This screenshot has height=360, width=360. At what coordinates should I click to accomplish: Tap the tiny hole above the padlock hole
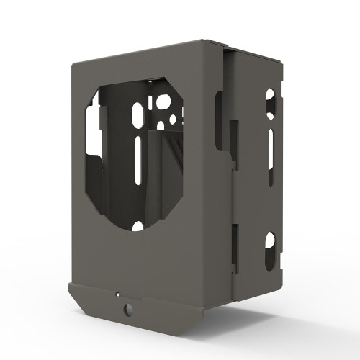tap(117, 294)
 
